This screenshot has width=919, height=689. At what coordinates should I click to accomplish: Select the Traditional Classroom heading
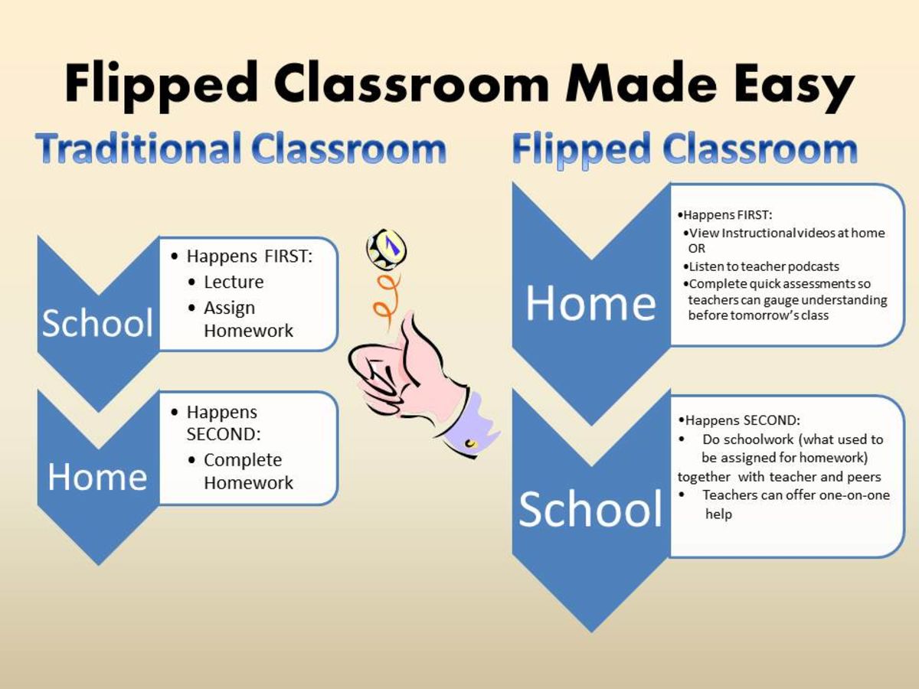click(x=240, y=149)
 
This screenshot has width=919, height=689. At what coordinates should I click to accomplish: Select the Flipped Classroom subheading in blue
click(x=684, y=149)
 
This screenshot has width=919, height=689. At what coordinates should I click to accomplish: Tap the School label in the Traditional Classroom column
click(x=97, y=323)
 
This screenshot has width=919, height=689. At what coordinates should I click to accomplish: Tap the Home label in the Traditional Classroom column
click(x=97, y=476)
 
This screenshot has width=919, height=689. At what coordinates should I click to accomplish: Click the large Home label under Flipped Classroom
click(x=590, y=303)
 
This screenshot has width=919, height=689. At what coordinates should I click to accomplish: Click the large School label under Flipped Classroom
click(x=590, y=509)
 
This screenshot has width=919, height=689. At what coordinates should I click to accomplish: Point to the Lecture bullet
click(x=234, y=282)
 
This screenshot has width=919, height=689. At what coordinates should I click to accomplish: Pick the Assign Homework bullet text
click(x=248, y=319)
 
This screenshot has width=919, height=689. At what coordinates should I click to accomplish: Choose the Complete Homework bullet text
click(x=248, y=472)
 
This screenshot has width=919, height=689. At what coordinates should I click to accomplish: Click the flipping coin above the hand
click(x=386, y=248)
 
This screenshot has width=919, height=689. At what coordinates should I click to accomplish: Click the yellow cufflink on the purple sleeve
click(x=470, y=442)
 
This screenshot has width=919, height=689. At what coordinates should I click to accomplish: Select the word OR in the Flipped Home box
click(x=696, y=249)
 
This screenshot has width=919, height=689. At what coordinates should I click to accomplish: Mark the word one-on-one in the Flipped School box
click(x=849, y=495)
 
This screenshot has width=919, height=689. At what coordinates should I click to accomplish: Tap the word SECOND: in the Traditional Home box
click(x=224, y=434)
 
